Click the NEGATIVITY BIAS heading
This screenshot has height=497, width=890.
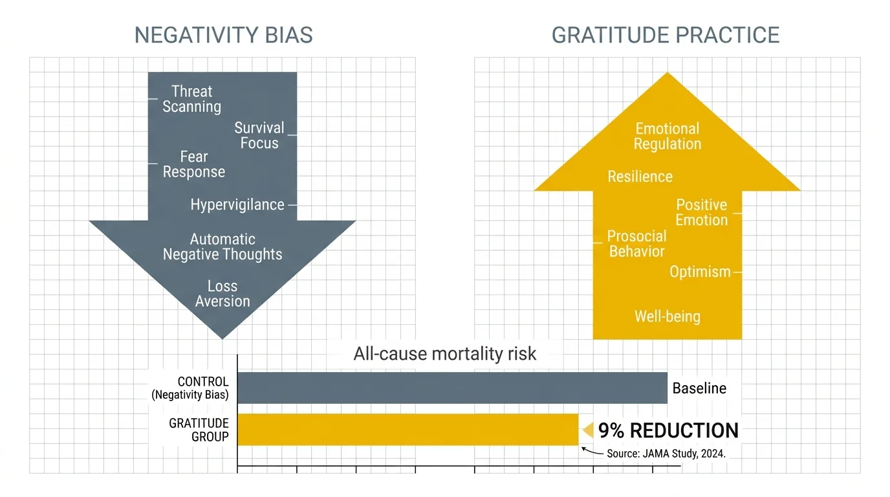click(223, 35)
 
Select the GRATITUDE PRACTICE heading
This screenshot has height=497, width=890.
click(666, 35)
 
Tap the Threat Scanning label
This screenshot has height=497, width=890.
click(191, 99)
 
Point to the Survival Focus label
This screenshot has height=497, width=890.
click(259, 135)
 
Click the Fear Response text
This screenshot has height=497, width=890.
click(193, 164)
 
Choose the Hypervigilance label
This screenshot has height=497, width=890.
click(237, 205)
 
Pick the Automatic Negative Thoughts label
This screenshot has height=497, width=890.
click(222, 247)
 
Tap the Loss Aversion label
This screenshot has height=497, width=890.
click(222, 294)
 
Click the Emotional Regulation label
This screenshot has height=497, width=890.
click(667, 136)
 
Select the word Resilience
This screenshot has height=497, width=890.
click(640, 177)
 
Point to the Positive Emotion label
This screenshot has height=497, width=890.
click(701, 212)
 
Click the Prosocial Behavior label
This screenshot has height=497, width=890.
click(636, 243)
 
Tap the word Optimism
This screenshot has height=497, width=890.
click(700, 272)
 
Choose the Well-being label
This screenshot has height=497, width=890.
click(667, 316)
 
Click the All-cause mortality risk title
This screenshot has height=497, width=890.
click(445, 354)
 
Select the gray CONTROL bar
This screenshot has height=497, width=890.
click(452, 388)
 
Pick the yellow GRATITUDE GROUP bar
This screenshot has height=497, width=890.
click(407, 430)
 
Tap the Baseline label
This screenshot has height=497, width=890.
click(699, 388)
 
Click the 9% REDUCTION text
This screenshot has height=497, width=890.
click(667, 430)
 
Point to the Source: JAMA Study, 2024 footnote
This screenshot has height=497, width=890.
click(666, 454)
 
